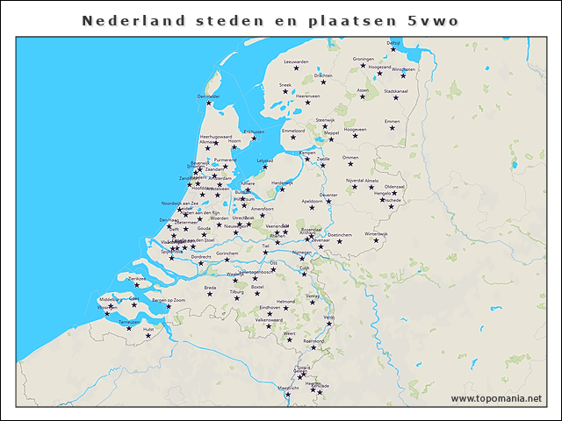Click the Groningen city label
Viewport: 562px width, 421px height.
point(363,60)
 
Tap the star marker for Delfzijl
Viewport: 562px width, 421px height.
point(393,50)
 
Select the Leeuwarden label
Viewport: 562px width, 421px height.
point(297,62)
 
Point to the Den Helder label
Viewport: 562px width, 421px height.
point(209,96)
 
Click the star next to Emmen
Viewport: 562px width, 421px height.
point(393,129)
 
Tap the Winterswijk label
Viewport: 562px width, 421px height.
point(376,234)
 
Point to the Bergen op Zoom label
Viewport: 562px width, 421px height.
point(169,300)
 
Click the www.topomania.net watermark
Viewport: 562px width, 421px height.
point(496,399)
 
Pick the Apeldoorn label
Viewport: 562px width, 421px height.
point(313,201)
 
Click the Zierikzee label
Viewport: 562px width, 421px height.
point(136,278)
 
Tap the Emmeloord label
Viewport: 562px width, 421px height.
point(292,131)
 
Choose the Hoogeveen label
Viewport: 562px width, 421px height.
point(355,129)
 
